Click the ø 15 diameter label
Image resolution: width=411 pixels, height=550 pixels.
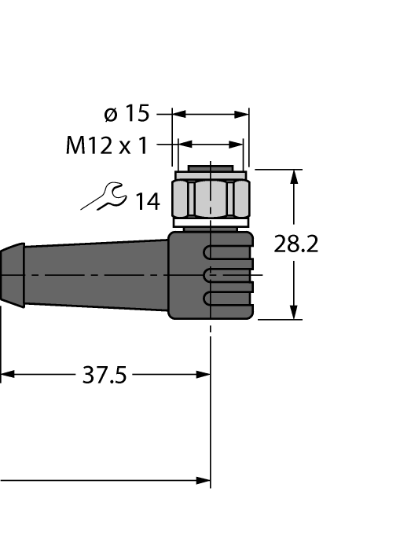(x=127, y=114)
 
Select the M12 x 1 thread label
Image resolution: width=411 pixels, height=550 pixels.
(x=107, y=145)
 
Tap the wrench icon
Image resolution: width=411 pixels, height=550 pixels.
(x=102, y=198)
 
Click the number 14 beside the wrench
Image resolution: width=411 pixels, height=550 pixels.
(x=146, y=203)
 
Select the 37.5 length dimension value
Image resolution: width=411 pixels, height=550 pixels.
(x=104, y=376)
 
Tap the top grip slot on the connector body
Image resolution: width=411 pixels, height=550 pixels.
(x=228, y=253)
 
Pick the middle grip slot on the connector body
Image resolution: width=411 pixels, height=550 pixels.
(x=228, y=275)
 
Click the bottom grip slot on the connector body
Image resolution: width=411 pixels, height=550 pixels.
(x=228, y=299)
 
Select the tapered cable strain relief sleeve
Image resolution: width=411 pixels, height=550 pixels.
(x=94, y=275)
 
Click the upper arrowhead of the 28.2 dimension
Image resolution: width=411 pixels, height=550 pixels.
(x=295, y=176)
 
